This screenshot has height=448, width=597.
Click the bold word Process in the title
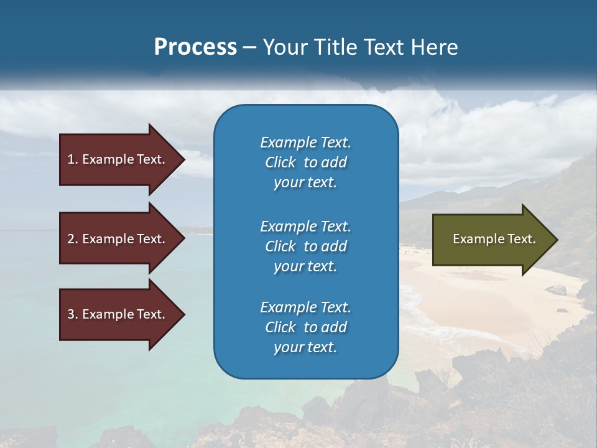[195, 47]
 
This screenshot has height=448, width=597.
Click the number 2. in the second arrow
[73, 239]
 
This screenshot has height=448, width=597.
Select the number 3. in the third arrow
[73, 314]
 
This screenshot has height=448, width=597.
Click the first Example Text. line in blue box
[305, 142]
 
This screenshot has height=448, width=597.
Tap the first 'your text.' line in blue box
[305, 182]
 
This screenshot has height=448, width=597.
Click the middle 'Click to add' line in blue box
[305, 246]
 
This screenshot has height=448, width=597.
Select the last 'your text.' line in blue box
[305, 347]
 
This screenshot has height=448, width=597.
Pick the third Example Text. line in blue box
[305, 307]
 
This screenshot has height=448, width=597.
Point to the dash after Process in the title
[250, 47]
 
